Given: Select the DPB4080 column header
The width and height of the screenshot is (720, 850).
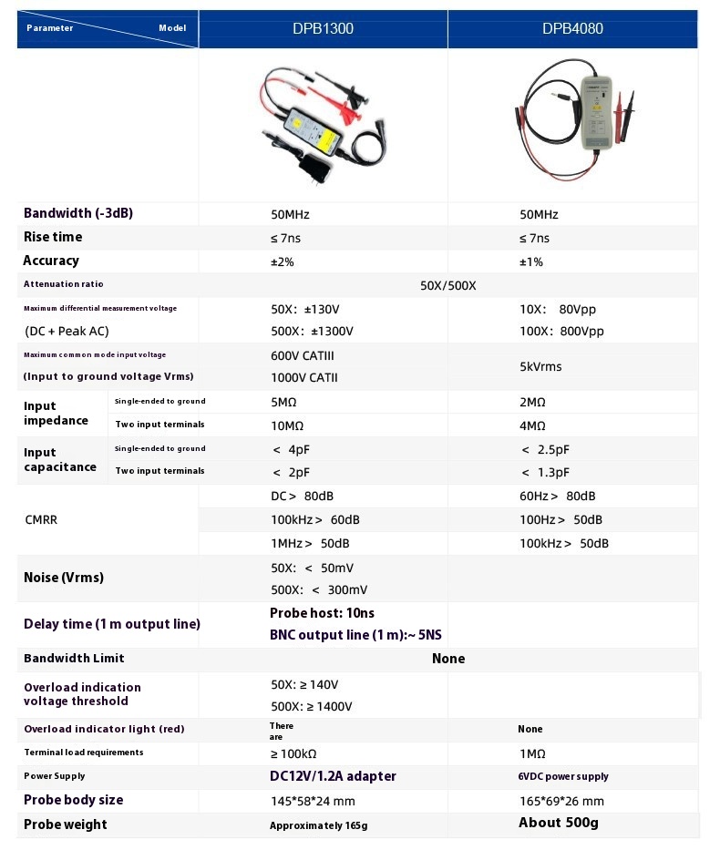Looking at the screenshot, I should pos(572,28).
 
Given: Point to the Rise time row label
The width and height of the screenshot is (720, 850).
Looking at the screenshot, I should pos(53,237).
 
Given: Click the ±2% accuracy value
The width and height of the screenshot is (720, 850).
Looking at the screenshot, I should pos(283,261).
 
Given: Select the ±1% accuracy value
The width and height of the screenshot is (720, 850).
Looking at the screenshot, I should pos(531,261).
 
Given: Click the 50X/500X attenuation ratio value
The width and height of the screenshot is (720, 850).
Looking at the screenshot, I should pos(447,285).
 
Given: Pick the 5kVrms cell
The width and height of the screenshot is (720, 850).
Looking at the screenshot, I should pos(540,366).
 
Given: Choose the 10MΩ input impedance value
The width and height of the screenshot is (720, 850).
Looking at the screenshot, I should pos(288,425).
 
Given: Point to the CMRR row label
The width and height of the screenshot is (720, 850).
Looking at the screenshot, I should pos(43,519).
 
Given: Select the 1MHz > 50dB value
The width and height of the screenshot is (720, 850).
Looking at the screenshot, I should pos(310,543).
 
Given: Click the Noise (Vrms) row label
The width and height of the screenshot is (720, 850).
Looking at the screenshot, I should pos(64,578).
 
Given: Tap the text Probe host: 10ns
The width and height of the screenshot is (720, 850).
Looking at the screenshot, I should pos(322,613).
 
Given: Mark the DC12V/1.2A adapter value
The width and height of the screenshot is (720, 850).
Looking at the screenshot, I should pos(333,776).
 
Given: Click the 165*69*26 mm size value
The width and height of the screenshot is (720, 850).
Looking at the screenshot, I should pos(561,801).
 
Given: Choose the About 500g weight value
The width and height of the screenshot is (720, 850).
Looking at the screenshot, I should pos(558,823).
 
